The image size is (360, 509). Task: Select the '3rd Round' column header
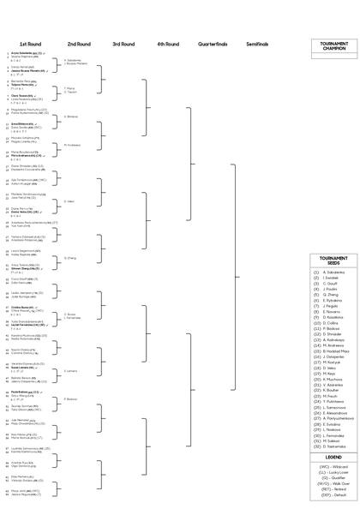[123, 44]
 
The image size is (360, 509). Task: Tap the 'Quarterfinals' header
[211, 44]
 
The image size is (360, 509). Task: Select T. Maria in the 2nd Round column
[70, 87]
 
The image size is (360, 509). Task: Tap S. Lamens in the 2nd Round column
[71, 371]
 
